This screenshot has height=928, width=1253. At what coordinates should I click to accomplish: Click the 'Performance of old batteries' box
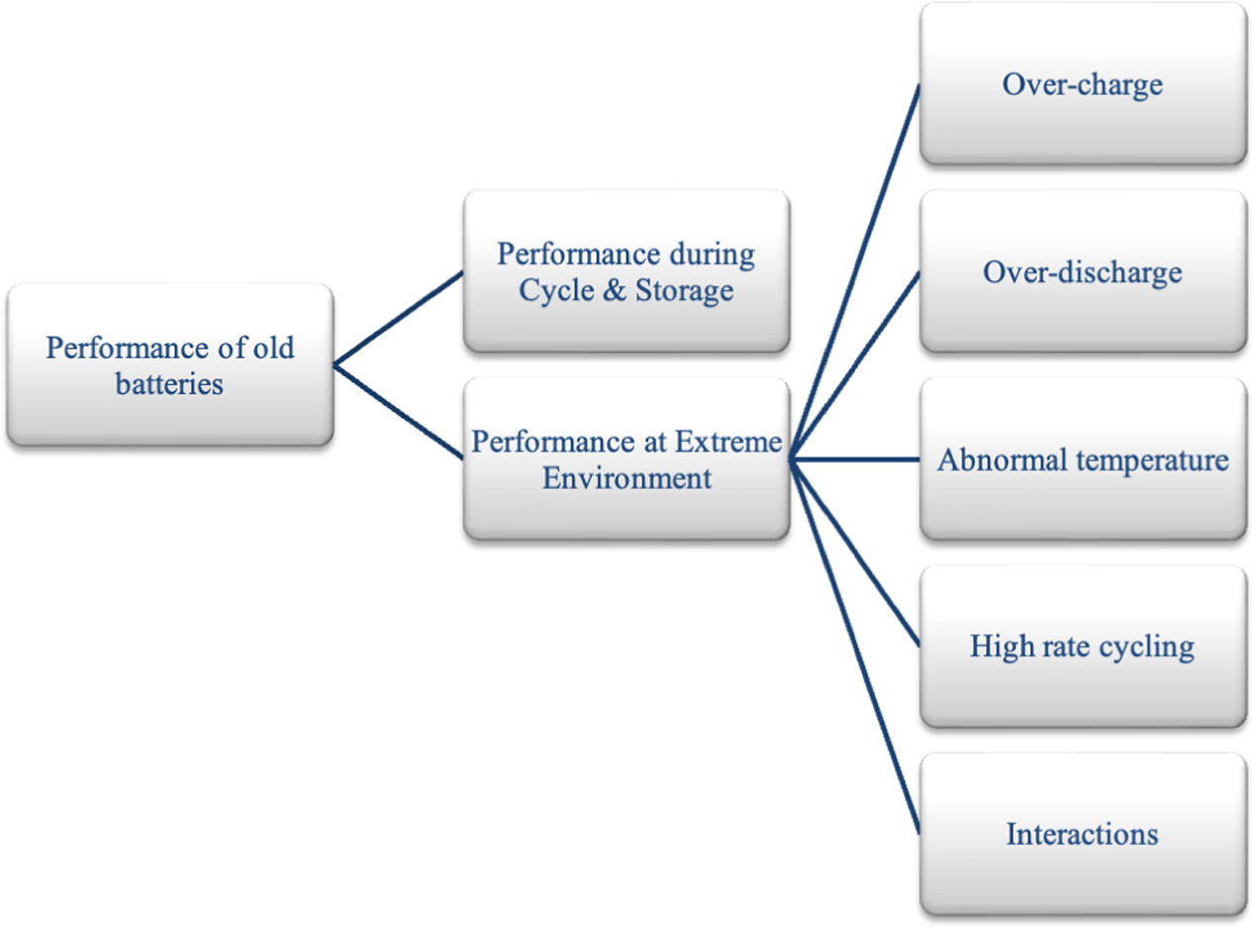169,365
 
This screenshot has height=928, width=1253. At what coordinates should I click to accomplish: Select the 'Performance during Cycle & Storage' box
626,271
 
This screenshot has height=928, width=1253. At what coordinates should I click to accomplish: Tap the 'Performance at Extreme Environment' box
626,459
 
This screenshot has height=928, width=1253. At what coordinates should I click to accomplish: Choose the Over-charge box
1082,84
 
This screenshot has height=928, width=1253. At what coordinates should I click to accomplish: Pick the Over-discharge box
1082,271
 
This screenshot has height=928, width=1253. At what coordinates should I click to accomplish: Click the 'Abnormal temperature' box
1082,460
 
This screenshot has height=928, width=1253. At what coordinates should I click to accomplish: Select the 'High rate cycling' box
1082,647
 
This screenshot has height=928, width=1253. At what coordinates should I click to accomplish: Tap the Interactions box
1082,834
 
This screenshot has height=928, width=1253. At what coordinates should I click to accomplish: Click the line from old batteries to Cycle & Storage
399,319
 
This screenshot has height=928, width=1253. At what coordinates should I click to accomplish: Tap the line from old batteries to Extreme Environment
399,412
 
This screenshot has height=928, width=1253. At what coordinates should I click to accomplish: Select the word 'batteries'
169,383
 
